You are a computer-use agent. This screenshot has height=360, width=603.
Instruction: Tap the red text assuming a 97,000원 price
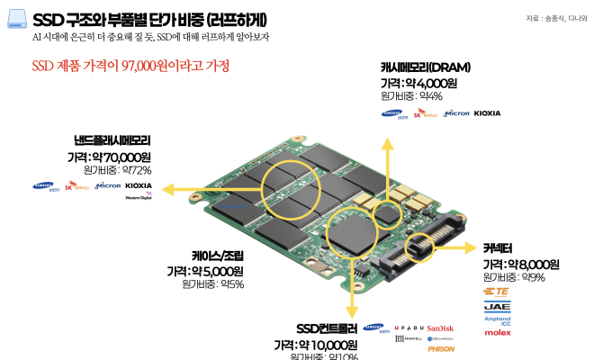click(x=130, y=67)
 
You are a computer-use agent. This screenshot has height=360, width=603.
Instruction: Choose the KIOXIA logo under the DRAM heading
click(x=487, y=113)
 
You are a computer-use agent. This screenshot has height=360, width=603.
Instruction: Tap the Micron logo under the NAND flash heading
click(x=108, y=185)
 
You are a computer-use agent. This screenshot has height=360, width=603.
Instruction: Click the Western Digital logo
click(x=139, y=196)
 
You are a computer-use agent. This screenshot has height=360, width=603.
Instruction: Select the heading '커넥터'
click(x=498, y=249)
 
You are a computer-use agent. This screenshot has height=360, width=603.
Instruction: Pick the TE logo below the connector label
click(x=498, y=292)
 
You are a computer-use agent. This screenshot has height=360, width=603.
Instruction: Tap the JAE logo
click(x=498, y=306)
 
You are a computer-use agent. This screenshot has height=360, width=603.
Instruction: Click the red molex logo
click(x=498, y=333)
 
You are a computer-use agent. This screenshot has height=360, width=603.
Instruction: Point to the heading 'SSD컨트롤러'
click(x=328, y=328)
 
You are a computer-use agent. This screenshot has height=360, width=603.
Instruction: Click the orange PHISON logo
click(x=441, y=348)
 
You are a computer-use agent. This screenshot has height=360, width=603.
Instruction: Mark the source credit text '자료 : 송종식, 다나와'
click(x=559, y=19)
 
